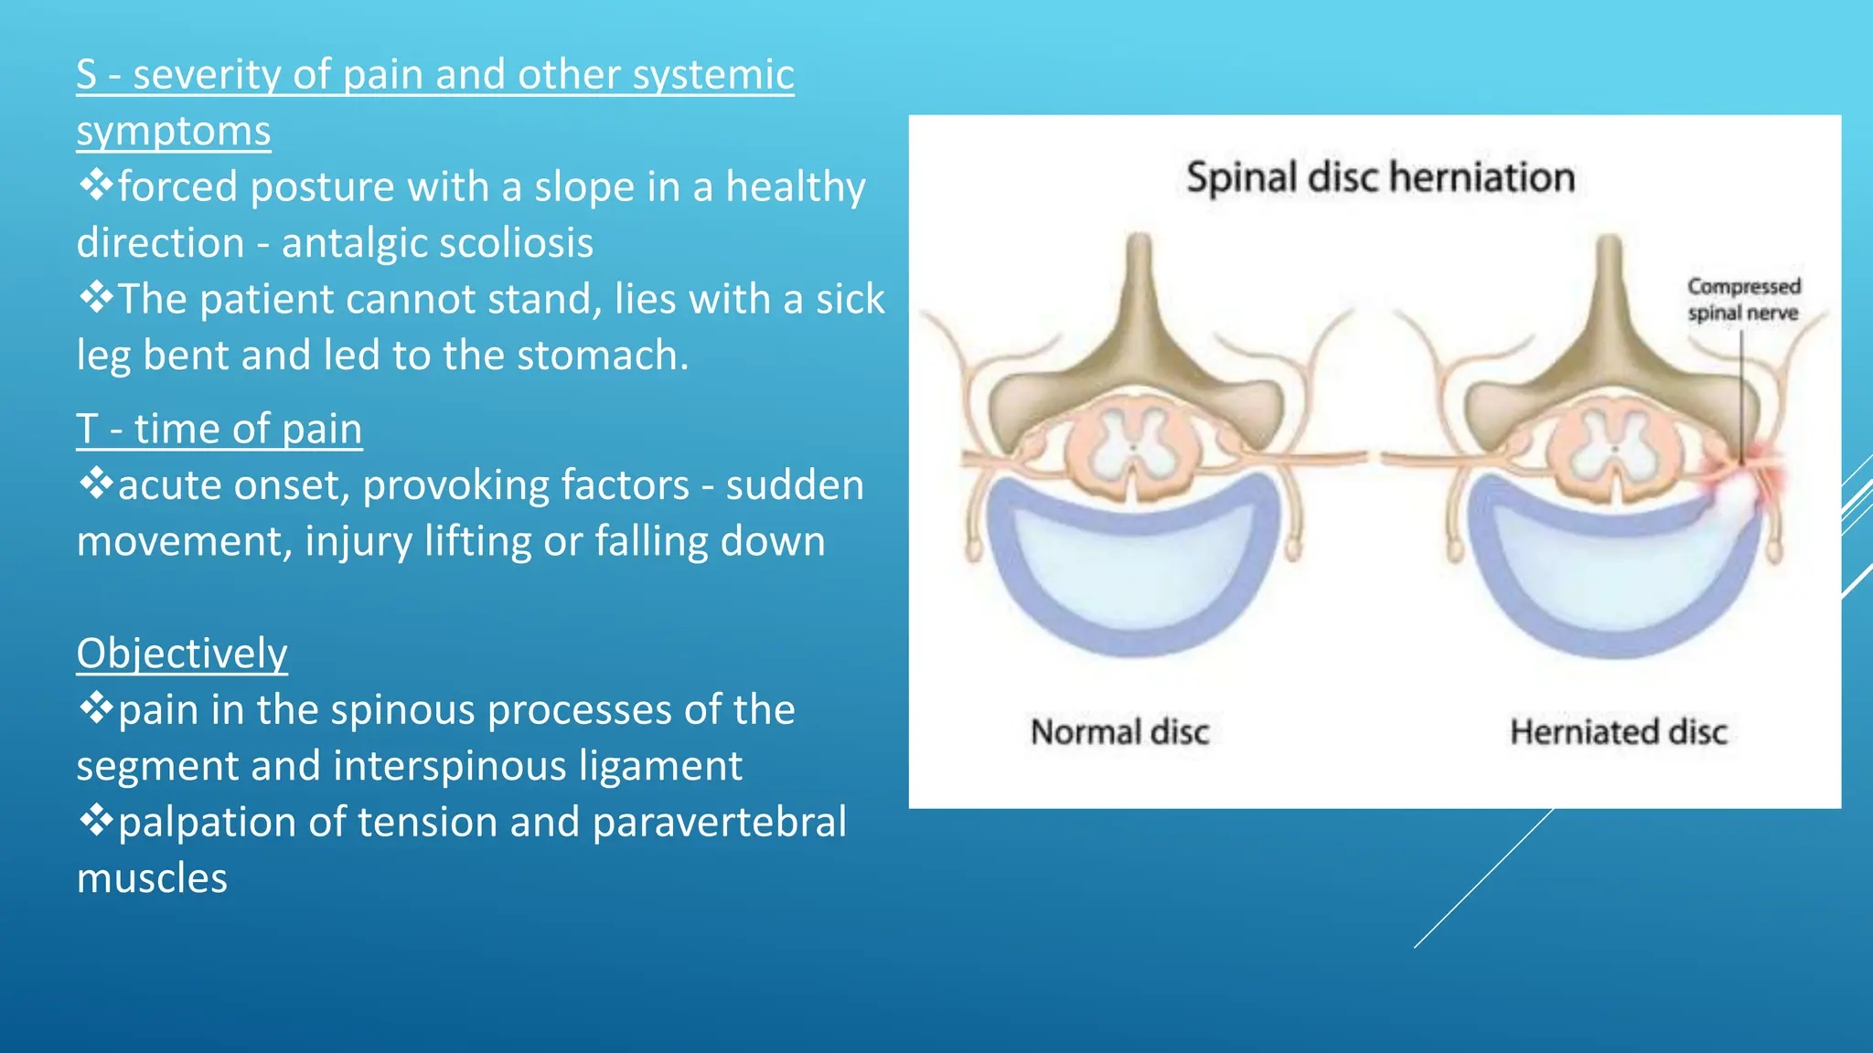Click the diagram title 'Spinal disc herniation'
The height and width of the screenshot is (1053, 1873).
1379,177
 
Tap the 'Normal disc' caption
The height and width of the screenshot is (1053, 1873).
1119,732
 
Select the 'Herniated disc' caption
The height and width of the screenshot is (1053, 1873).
1618,732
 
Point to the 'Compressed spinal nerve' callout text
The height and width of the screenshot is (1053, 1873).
1743,300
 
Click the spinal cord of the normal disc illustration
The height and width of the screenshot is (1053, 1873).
1134,448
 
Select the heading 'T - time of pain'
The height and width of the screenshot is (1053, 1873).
219,430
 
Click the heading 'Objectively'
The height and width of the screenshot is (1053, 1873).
182,654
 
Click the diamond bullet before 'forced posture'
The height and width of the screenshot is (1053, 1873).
95,186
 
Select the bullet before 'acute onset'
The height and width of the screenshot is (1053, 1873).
95,484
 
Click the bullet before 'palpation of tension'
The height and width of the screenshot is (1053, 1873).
95,822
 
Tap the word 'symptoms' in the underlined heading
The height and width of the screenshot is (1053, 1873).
174,132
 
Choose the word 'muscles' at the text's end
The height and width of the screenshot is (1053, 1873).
152,878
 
